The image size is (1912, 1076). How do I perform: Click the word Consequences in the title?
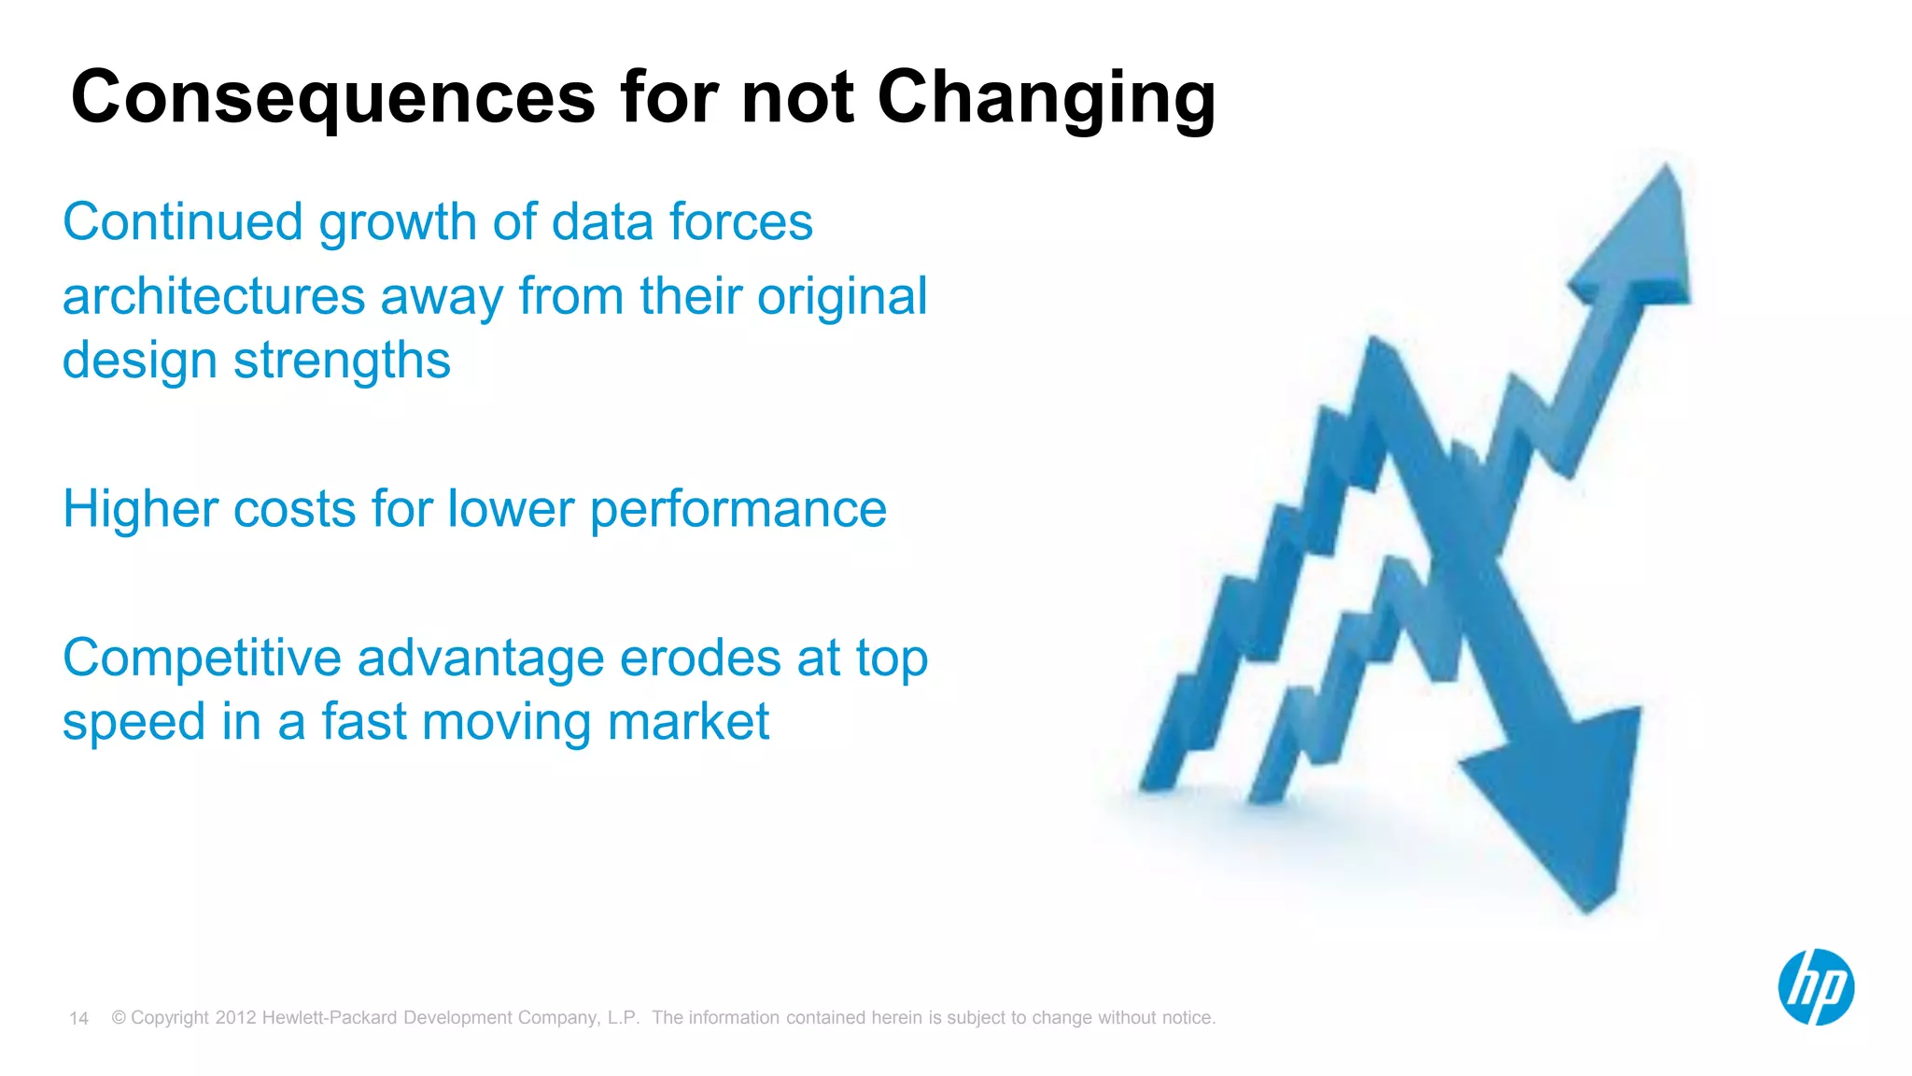332,98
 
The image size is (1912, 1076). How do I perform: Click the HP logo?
1815,987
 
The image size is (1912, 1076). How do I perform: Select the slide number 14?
78,1019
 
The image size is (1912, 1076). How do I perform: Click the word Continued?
183,222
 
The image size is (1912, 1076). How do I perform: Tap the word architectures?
214,297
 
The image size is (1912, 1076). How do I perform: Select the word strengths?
342,361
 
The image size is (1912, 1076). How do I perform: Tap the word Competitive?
203,658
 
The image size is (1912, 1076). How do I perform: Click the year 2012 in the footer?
235,1018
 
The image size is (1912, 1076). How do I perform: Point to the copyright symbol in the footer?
119,1018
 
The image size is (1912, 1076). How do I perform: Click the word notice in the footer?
1186,1018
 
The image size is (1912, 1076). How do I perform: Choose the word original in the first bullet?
842,297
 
